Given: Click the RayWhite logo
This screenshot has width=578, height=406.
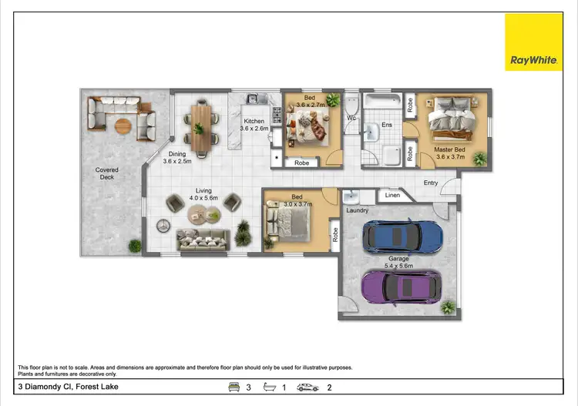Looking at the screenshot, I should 534,42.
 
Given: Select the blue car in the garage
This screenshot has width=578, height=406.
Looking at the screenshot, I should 402,234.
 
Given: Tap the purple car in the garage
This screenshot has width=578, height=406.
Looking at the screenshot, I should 402,286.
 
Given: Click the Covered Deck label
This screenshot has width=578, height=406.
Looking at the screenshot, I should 107,174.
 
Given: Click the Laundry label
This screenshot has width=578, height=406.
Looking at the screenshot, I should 357,210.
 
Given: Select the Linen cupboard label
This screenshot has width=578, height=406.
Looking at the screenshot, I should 391,196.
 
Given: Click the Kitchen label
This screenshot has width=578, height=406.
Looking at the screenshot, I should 254,122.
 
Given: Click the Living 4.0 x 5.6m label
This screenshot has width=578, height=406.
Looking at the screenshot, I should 203,194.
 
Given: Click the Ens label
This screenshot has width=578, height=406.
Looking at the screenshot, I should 387,125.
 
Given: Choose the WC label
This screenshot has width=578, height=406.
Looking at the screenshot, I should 351,119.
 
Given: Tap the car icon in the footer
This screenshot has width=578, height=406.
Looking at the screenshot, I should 307,387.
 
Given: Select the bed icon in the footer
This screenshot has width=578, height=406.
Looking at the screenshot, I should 234,387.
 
